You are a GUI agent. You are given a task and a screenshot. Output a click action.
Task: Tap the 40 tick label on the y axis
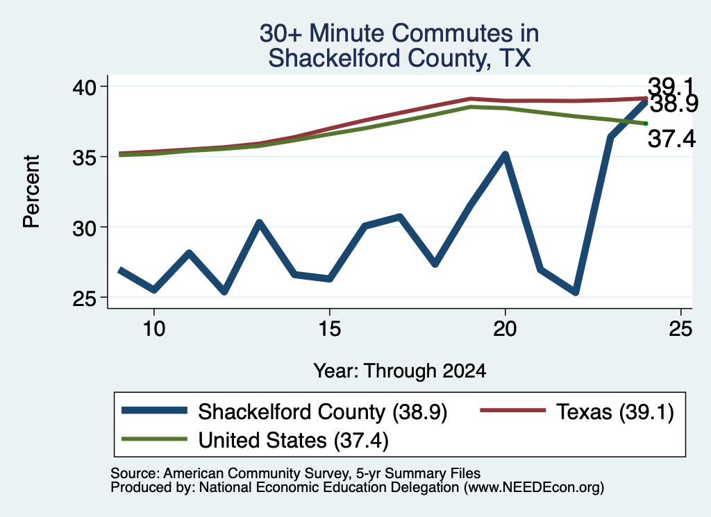84,87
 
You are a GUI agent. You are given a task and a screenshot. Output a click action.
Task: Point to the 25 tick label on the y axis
84,298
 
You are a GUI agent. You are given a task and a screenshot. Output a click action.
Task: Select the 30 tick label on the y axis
84,228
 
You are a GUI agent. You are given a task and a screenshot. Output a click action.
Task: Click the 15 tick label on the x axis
329,328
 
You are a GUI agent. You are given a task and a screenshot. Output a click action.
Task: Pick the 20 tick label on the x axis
505,328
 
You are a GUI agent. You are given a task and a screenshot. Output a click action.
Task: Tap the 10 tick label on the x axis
153,328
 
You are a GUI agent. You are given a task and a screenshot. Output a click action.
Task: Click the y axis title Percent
31,192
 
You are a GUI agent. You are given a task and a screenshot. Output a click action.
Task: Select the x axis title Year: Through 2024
399,371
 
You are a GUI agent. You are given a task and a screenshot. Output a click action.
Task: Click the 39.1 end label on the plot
671,85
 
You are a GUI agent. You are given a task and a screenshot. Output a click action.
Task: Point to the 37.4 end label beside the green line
671,139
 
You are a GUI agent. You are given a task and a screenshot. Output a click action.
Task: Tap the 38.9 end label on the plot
674,104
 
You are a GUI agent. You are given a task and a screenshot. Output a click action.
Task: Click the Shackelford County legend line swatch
155,411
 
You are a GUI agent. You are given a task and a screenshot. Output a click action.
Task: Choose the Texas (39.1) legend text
615,412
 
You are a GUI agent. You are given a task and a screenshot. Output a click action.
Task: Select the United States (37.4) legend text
294,441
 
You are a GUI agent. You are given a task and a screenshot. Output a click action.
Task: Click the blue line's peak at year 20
505,155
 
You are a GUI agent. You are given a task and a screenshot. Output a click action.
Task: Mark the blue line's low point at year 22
576,292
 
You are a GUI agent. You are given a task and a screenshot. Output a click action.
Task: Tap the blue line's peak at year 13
259,223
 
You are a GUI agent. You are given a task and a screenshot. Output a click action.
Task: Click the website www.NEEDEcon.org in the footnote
534,487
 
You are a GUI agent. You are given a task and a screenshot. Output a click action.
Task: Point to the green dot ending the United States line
646,124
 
